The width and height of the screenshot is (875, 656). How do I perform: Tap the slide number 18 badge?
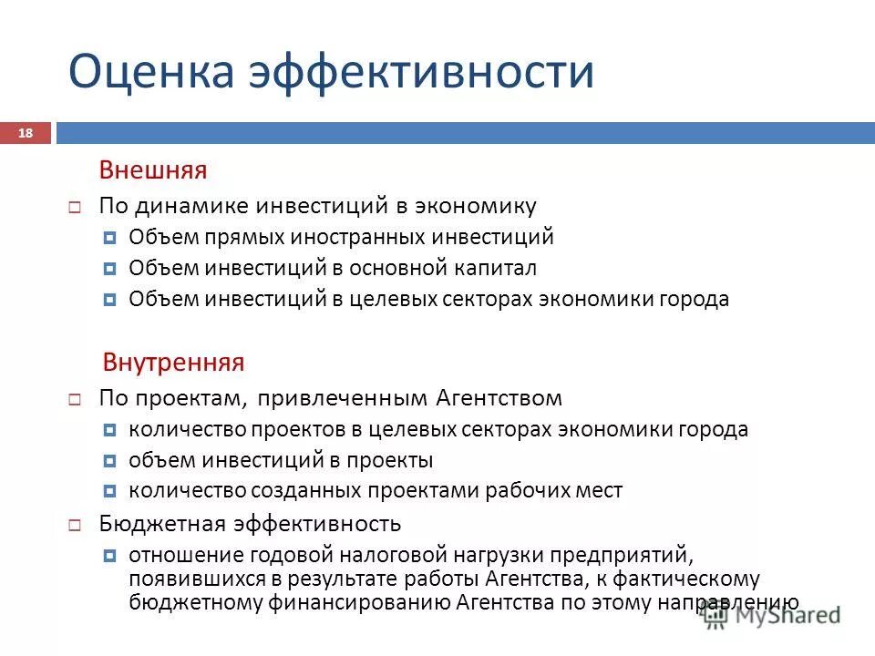[26, 134]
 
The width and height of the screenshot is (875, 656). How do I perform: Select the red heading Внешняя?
[153, 170]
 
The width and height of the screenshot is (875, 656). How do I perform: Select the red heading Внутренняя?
[172, 362]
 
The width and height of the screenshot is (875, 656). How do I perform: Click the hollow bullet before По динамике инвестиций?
[76, 208]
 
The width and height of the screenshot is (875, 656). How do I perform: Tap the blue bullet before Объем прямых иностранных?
[109, 239]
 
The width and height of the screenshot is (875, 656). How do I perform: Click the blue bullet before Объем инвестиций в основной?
[109, 270]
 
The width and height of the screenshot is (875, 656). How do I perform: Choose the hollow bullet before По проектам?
[76, 399]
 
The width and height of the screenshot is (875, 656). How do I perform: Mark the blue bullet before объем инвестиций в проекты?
[109, 461]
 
